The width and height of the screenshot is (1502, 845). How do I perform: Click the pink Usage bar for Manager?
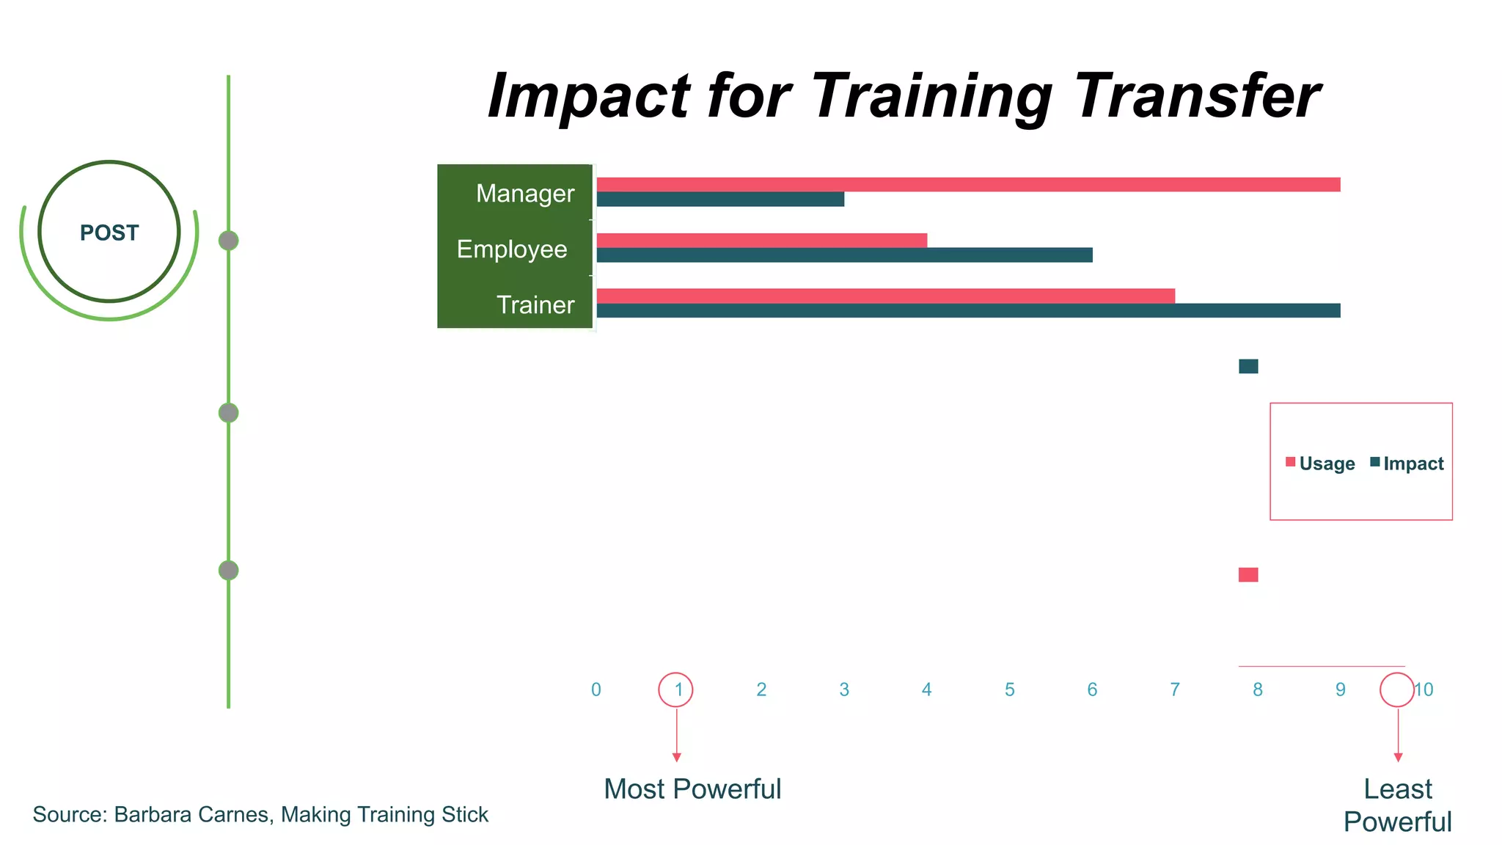point(968,184)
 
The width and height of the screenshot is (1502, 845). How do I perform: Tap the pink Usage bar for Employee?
point(761,240)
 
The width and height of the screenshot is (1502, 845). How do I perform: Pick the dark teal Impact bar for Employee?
point(844,255)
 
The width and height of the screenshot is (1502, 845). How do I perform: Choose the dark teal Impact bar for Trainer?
point(968,311)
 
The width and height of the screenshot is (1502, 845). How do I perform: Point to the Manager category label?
point(525,194)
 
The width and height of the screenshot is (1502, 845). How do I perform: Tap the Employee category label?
point(512,249)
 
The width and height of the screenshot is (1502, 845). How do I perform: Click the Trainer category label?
point(535,305)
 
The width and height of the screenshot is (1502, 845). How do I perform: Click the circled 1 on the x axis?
point(676,689)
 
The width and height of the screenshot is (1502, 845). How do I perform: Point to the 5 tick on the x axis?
point(1009,689)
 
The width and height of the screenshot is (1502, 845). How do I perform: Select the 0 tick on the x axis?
point(596,689)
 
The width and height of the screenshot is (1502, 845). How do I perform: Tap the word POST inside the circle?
point(109,233)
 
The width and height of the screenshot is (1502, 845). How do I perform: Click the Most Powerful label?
point(692,789)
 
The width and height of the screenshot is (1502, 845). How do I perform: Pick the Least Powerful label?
point(1397,805)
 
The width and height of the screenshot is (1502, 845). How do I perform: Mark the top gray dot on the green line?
point(229,241)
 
